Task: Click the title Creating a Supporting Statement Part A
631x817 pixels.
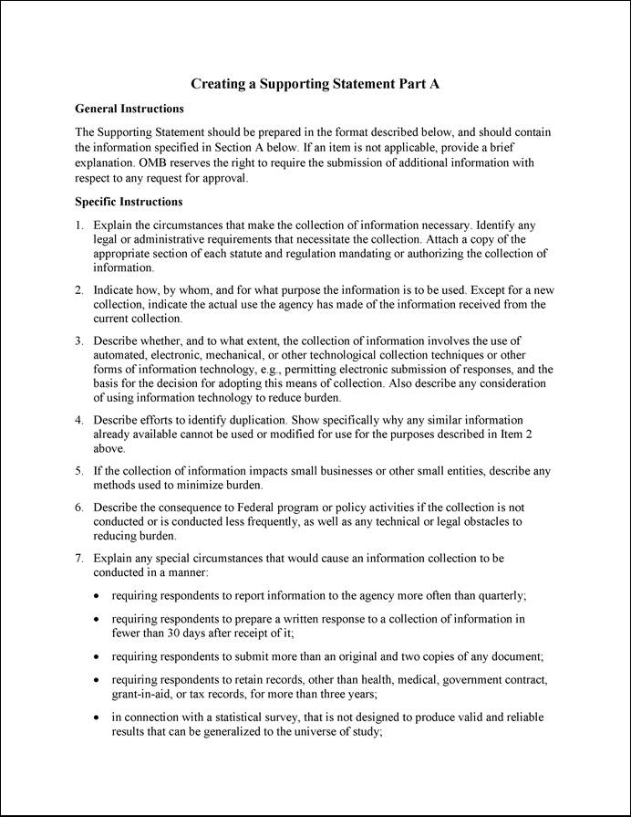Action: [315, 84]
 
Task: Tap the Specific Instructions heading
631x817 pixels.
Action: [129, 202]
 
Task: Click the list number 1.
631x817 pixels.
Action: [79, 225]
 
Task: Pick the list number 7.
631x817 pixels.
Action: [79, 557]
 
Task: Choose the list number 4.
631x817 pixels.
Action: [79, 420]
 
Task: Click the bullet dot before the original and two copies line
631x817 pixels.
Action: [98, 657]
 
